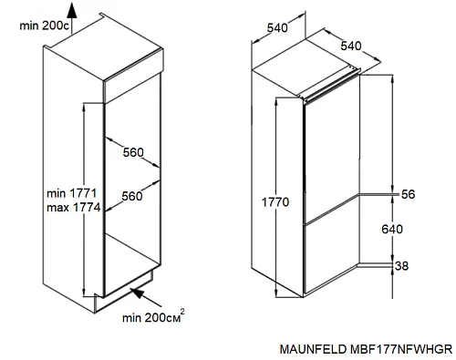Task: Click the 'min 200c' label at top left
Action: coord(45,26)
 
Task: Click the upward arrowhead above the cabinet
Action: coord(72,10)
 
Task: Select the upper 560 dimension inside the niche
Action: coord(133,152)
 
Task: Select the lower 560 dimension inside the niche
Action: coord(132,196)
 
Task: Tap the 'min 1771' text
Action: coord(71,193)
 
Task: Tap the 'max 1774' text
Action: coord(73,208)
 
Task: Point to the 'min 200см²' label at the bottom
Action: coord(153,316)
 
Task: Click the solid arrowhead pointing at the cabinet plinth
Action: coord(137,293)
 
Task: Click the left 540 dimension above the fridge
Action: coord(277,28)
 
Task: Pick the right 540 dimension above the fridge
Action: coord(351,46)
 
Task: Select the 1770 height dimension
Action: coord(275,202)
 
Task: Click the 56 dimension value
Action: coord(408,194)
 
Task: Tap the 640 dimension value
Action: coord(392,229)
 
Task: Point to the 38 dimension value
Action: coord(401,266)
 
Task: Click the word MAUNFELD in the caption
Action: coord(313,349)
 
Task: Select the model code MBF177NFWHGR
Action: coord(401,349)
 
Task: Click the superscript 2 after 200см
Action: coord(182,312)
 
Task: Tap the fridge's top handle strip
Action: coord(331,86)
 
